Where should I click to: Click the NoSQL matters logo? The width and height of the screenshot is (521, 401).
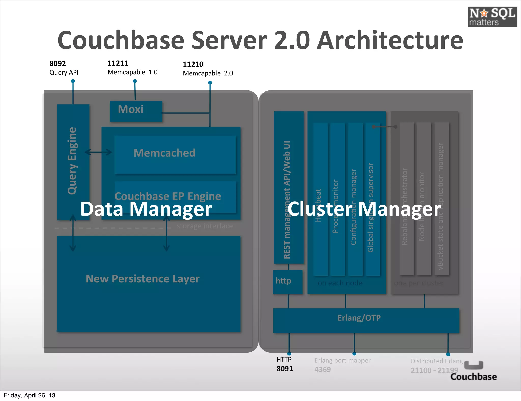(x=492, y=17)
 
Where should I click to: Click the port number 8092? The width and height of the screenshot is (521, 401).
(x=57, y=63)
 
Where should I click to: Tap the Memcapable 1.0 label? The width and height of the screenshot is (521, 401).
(x=133, y=72)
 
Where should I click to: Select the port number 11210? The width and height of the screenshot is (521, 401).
(x=193, y=64)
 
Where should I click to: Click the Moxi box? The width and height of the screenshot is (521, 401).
(x=136, y=111)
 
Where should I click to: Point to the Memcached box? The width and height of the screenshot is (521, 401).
(x=175, y=154)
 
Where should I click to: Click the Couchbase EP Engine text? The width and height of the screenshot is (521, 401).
(x=168, y=196)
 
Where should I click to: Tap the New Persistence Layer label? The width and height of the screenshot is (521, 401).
(x=142, y=279)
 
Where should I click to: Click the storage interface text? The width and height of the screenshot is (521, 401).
(x=205, y=226)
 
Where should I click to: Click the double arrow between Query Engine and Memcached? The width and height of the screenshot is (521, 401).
(x=98, y=152)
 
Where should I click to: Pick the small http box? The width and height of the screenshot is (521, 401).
(x=288, y=282)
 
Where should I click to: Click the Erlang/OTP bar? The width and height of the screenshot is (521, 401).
(x=366, y=320)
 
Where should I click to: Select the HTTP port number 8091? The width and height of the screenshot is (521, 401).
(x=284, y=369)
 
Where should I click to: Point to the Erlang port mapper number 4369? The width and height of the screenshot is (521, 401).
(x=322, y=370)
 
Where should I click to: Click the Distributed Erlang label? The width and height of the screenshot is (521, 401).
(x=437, y=361)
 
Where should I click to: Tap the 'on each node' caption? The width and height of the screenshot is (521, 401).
(x=340, y=283)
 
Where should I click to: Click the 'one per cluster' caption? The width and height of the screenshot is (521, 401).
(x=418, y=283)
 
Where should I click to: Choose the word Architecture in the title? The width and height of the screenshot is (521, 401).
(x=390, y=41)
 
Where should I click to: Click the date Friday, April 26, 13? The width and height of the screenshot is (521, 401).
(x=30, y=395)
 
